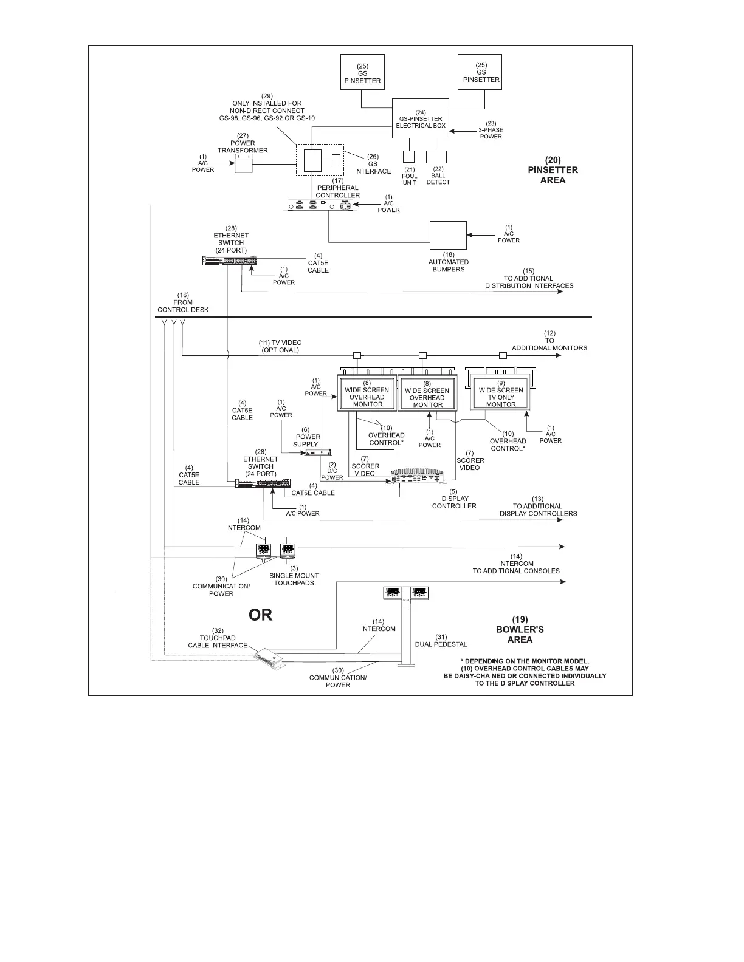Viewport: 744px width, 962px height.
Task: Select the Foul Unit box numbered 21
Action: pos(409,156)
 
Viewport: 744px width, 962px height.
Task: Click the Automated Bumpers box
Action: pos(448,235)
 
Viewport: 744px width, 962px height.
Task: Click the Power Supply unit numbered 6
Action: pos(319,452)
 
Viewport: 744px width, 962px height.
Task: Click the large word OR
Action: pos(261,615)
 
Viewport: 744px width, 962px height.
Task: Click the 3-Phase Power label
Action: pos(491,130)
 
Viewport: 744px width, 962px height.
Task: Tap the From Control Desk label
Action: pos(183,302)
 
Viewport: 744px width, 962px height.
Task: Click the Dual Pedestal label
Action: pos(441,641)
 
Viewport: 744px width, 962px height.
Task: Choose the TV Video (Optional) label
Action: pos(280,346)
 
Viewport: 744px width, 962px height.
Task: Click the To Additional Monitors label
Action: pos(549,341)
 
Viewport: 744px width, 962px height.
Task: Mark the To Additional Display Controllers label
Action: pos(538,510)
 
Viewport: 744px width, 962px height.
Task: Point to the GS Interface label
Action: pos(373,164)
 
